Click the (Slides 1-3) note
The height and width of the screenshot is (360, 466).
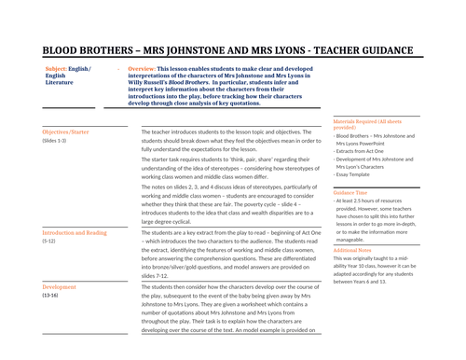coord(55,142)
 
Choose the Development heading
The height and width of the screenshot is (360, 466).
coord(60,287)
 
